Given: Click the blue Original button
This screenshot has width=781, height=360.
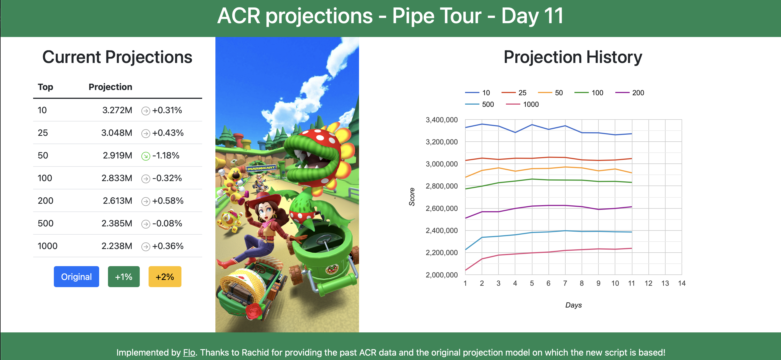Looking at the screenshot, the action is click(x=76, y=276).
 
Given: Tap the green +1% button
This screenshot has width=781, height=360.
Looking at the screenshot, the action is click(x=124, y=276).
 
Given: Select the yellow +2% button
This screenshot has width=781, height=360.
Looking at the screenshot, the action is click(x=165, y=276).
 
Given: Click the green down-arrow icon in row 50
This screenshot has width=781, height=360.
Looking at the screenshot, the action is click(x=146, y=156).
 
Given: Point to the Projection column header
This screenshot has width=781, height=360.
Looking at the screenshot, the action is click(x=110, y=87).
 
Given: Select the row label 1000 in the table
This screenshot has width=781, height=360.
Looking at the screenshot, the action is click(x=47, y=246).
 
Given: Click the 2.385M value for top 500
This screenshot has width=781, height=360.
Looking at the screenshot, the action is click(x=117, y=223).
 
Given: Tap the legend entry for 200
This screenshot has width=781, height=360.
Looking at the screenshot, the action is click(x=630, y=93).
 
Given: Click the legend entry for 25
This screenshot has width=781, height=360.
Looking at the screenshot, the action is click(x=514, y=93).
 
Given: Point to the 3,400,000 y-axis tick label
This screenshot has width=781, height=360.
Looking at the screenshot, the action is click(x=442, y=120).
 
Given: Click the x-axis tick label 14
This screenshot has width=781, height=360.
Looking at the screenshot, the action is click(x=682, y=283).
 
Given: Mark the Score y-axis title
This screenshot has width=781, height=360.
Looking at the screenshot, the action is click(x=412, y=197).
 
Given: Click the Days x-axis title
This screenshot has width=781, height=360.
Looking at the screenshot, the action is click(x=573, y=305).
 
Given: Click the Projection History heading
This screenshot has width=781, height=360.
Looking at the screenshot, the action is click(x=573, y=57).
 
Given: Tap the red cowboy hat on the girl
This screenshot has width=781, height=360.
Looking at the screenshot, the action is click(x=263, y=198).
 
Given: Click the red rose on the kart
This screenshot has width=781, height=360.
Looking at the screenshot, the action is click(x=254, y=311).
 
